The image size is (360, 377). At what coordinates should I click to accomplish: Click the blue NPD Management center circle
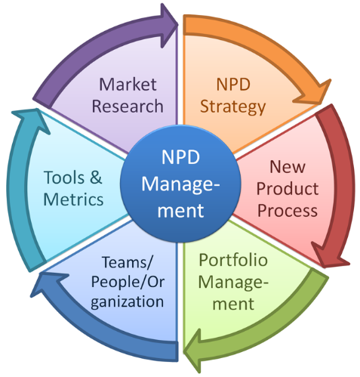pos(180,184)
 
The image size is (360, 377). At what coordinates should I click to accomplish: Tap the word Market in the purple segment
pos(128,84)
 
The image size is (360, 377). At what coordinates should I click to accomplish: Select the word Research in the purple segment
pos(128,106)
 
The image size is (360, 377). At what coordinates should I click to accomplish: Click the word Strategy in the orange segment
pos(232,107)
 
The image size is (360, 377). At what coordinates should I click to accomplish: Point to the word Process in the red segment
pos(288,211)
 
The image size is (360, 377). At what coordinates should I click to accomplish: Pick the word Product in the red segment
pos(288,189)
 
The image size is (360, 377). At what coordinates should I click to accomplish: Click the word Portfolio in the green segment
pos(233,260)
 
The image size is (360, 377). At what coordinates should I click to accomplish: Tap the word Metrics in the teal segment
pos(73,199)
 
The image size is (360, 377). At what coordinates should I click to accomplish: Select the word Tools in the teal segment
pos(64,178)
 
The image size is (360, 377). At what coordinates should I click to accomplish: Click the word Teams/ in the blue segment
pos(127,262)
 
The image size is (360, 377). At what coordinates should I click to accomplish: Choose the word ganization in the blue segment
pos(128,302)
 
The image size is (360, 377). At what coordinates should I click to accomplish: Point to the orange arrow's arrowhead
pos(315,94)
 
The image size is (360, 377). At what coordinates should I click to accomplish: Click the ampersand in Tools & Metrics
pos(96,178)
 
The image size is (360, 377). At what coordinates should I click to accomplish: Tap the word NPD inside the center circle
pos(180,157)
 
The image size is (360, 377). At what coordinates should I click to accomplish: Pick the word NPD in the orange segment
pos(233,85)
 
